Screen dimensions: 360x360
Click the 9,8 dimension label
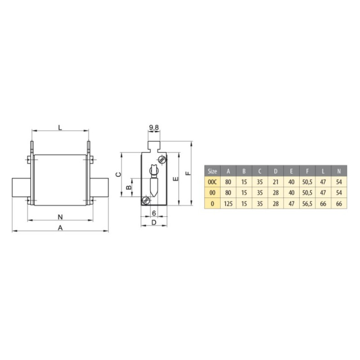point(154,128)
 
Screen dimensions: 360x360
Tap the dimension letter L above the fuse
point(60,127)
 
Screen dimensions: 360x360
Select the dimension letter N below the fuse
point(60,217)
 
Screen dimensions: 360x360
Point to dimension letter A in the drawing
point(60,228)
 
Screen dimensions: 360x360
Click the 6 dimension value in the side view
point(154,213)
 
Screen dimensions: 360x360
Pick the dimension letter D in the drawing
point(154,222)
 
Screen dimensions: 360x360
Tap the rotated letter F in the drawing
point(188,173)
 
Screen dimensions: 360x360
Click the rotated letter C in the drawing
point(118,175)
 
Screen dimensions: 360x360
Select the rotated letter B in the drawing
point(129,187)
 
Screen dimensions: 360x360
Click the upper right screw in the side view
point(162,159)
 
